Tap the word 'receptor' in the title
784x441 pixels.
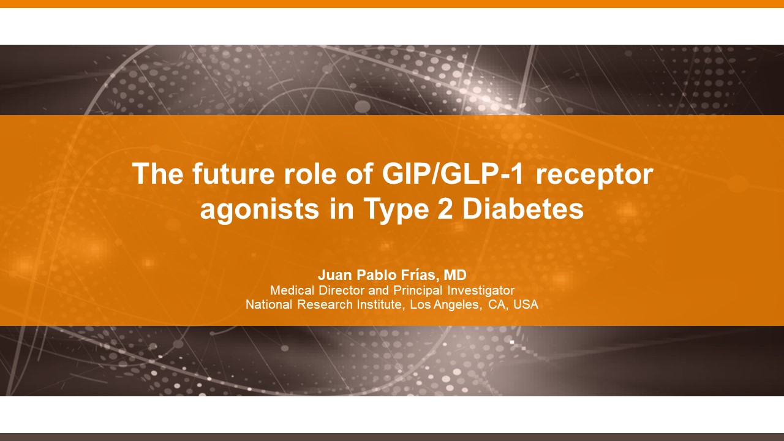[x=594, y=175]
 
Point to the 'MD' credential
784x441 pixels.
[x=455, y=275]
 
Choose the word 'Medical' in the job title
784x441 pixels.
[x=292, y=290]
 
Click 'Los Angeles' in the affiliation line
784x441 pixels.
[x=445, y=304]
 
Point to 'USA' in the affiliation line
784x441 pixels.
[x=526, y=304]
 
